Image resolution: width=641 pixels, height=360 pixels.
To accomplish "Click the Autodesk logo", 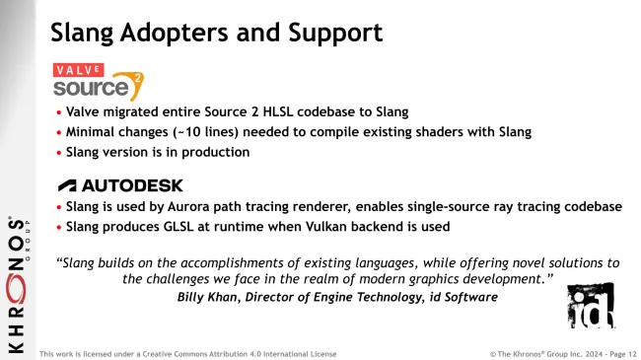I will pos(120,185).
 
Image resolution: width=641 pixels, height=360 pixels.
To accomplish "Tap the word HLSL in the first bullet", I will pos(256,112).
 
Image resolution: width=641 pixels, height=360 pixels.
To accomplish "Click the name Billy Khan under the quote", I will pos(208,297).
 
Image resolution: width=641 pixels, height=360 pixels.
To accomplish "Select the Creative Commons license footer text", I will pos(187,353).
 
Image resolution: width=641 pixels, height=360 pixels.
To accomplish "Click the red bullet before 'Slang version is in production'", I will pos(58,152).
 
